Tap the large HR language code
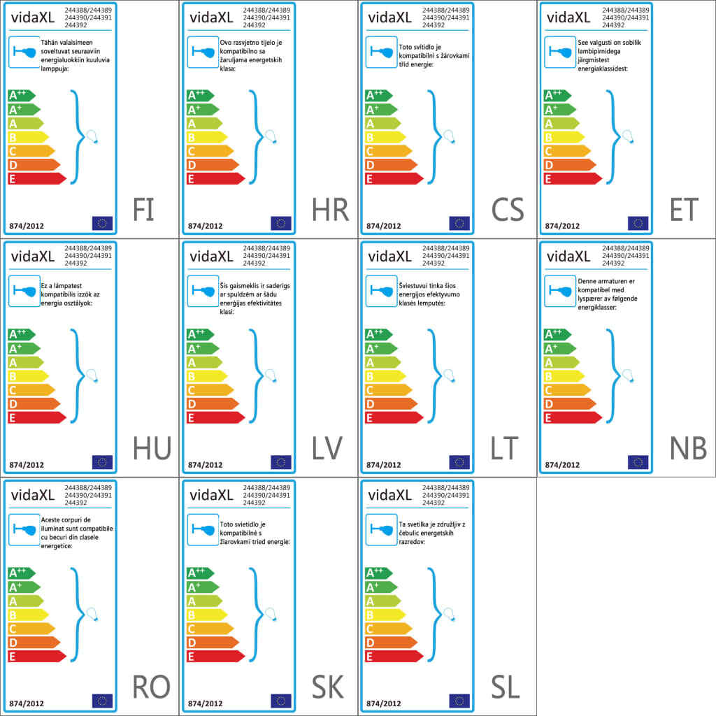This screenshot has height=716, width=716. tap(330, 210)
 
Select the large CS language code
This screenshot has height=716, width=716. tap(508, 210)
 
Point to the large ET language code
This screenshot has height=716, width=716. tap(685, 210)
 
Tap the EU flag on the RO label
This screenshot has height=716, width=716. tap(102, 701)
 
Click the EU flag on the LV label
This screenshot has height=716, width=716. tap(281, 461)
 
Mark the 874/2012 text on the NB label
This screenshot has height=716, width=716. tap(562, 464)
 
